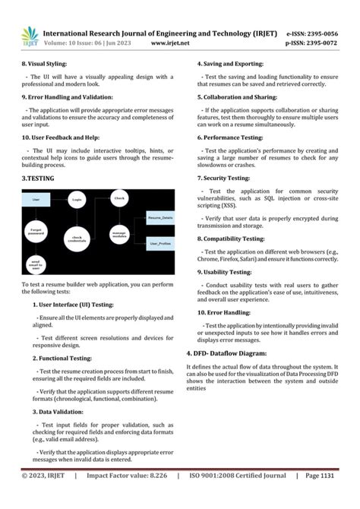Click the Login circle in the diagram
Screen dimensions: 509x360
(77, 200)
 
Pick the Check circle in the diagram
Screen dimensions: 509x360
(119, 198)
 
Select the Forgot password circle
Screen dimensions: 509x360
(36, 229)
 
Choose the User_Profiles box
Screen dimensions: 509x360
(160, 244)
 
